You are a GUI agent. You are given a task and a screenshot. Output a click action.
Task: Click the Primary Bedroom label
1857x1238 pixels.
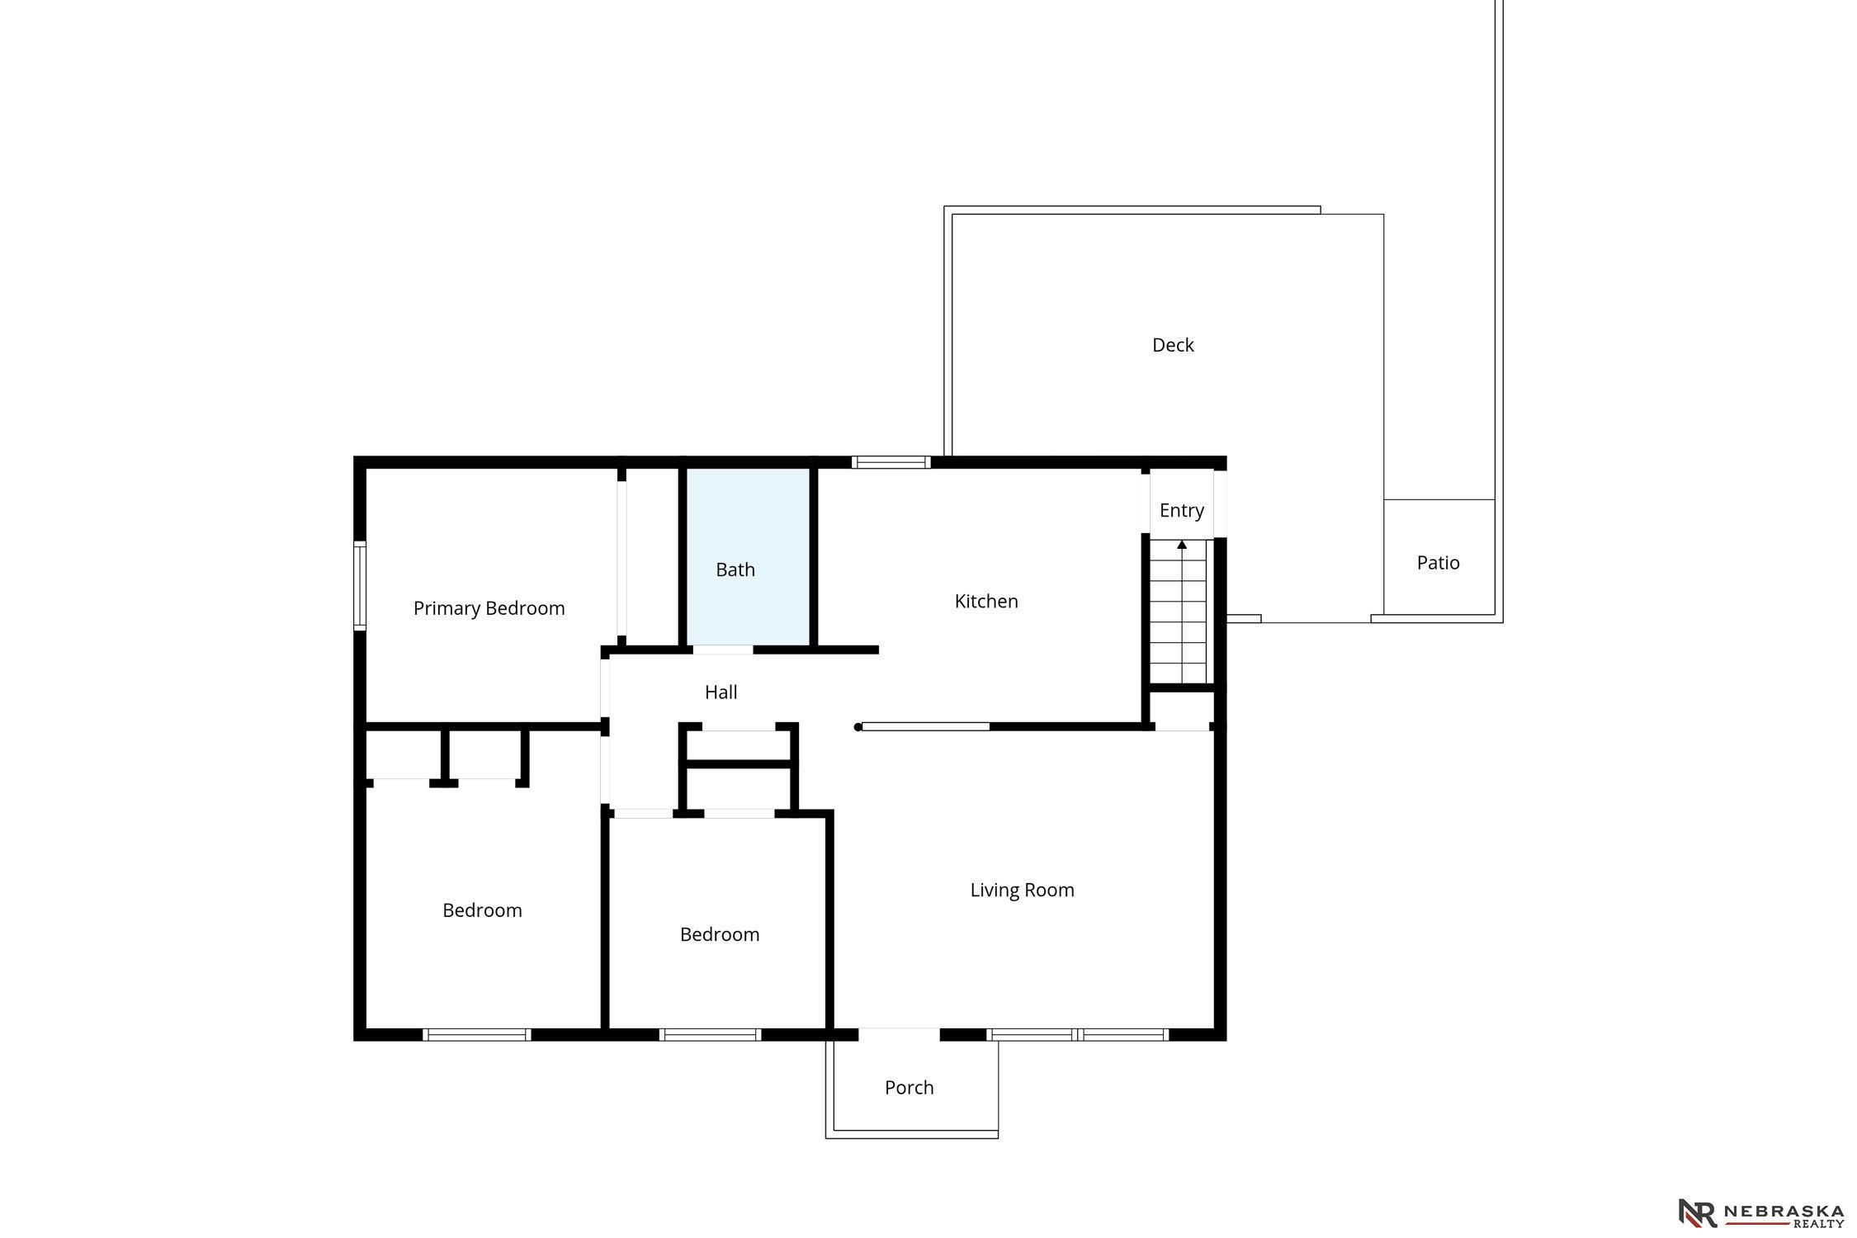[x=489, y=609]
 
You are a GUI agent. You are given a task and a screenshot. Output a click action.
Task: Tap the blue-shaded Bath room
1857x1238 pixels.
[x=748, y=556]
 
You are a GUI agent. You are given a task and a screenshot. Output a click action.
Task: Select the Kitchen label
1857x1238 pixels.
[x=986, y=602]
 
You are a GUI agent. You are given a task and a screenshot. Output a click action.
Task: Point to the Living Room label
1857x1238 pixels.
[x=1022, y=891]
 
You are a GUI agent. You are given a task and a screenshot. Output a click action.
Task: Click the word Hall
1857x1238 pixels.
[x=721, y=692]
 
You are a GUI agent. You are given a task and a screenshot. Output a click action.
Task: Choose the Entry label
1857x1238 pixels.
[x=1181, y=511]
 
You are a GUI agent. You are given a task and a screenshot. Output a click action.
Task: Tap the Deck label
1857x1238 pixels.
[x=1173, y=345]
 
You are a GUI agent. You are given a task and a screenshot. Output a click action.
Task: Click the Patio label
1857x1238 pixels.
[x=1438, y=563]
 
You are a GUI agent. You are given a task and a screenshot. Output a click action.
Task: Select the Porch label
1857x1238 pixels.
[x=909, y=1088]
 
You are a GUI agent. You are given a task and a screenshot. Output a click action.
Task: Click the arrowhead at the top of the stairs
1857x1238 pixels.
[x=1182, y=545]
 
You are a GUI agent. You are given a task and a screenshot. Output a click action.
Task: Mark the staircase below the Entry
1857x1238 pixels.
[x=1182, y=612]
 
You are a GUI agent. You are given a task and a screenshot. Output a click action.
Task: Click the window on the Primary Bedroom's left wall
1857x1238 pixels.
[x=360, y=585]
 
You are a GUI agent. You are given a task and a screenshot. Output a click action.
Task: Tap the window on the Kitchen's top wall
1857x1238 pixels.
[x=891, y=462]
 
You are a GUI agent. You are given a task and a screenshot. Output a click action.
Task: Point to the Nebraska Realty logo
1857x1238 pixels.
[x=1760, y=1213]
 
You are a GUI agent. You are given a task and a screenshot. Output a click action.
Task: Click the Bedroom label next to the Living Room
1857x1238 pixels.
[x=719, y=935]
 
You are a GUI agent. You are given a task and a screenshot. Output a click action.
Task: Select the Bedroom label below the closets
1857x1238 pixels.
[x=482, y=911]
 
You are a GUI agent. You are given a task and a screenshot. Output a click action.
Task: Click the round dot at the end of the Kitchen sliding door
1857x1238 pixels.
[x=858, y=727]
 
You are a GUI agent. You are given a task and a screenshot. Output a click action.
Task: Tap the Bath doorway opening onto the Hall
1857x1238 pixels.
[x=722, y=650]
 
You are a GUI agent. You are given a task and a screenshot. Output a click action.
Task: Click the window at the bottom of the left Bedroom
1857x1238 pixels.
[x=476, y=1035]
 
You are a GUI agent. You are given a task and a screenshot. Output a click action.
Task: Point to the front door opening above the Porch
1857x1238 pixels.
[x=899, y=1035]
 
